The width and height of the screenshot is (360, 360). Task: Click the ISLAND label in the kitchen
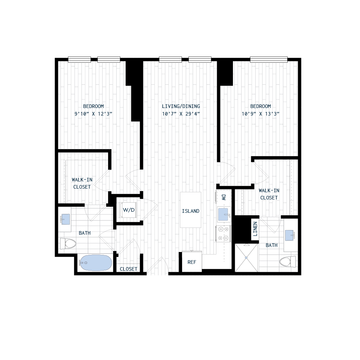190,211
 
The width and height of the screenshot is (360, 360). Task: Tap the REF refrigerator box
192,262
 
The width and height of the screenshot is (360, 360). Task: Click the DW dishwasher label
224,197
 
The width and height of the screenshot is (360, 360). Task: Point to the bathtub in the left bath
95,263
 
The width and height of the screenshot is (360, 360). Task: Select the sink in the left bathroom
65,219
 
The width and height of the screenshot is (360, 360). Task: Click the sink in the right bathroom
291,235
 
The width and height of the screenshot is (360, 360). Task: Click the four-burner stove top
223,233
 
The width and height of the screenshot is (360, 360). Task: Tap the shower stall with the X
246,257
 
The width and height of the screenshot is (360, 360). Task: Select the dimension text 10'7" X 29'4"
181,114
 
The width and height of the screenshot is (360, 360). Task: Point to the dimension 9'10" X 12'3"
94,114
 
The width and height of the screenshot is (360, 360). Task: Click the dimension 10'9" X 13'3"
261,114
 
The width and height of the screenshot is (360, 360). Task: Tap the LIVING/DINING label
181,106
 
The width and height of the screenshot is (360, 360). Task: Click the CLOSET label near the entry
129,269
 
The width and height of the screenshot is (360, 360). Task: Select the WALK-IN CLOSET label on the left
82,183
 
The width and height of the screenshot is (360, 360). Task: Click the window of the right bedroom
269,59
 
